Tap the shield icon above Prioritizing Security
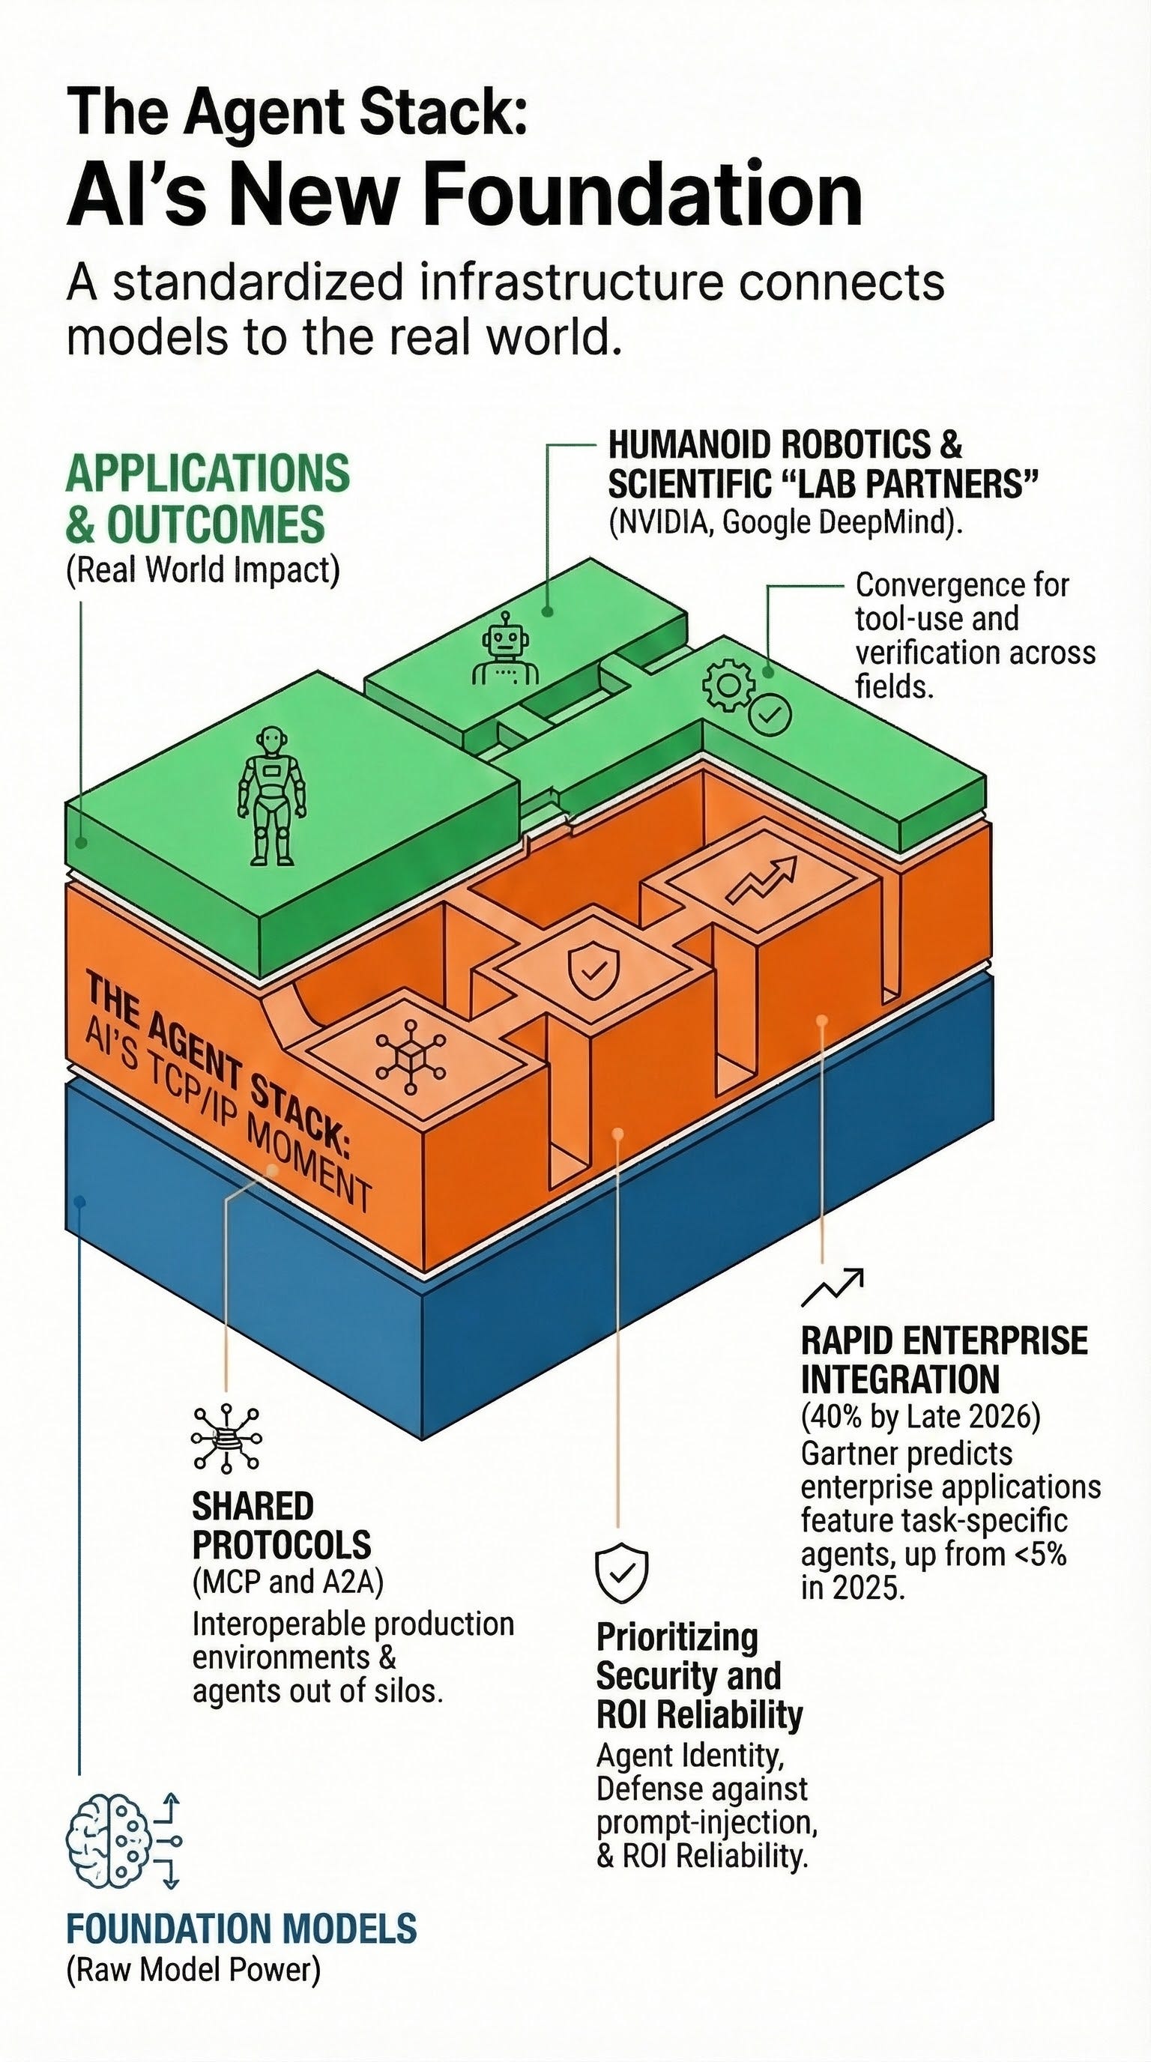[x=621, y=1573]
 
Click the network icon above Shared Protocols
[x=226, y=1439]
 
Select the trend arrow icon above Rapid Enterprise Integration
[x=833, y=1286]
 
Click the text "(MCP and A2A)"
[x=288, y=1582]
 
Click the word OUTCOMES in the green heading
[x=215, y=524]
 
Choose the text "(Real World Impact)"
[x=203, y=571]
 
